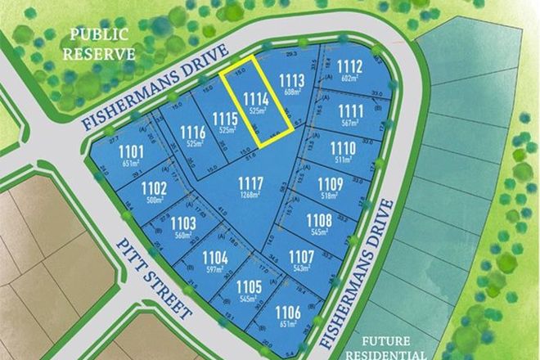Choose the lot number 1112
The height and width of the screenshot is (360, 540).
tap(349, 66)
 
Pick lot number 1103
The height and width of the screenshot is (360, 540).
tap(183, 223)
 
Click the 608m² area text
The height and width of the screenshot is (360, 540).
tap(292, 92)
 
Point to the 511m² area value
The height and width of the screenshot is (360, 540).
tap(342, 160)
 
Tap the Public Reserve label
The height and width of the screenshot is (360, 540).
tap(101, 44)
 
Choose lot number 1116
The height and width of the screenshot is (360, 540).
tap(193, 131)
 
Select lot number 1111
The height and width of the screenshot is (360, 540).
tap(349, 110)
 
